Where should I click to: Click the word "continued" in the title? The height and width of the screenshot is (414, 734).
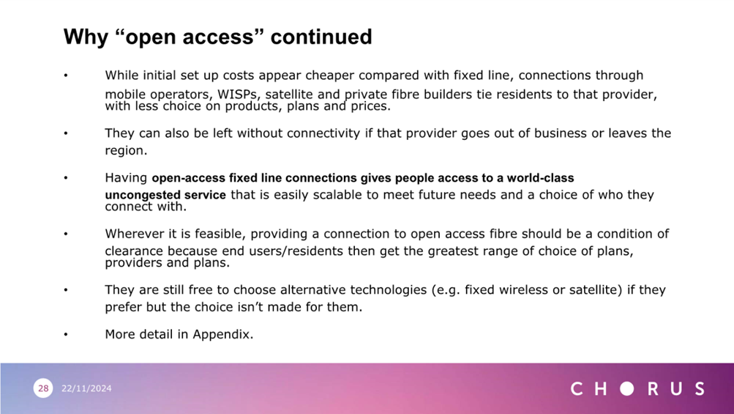point(321,37)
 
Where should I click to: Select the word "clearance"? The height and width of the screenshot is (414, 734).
point(134,251)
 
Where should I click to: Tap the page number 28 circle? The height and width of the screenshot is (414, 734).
point(43,388)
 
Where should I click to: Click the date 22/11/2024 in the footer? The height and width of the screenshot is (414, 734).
point(86,388)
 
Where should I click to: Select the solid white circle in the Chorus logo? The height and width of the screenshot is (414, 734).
point(627,388)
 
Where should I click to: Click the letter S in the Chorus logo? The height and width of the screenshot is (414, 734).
point(700,388)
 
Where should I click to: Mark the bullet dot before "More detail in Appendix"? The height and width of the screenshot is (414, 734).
point(66,334)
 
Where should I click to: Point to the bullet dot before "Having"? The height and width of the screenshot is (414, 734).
point(66,178)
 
